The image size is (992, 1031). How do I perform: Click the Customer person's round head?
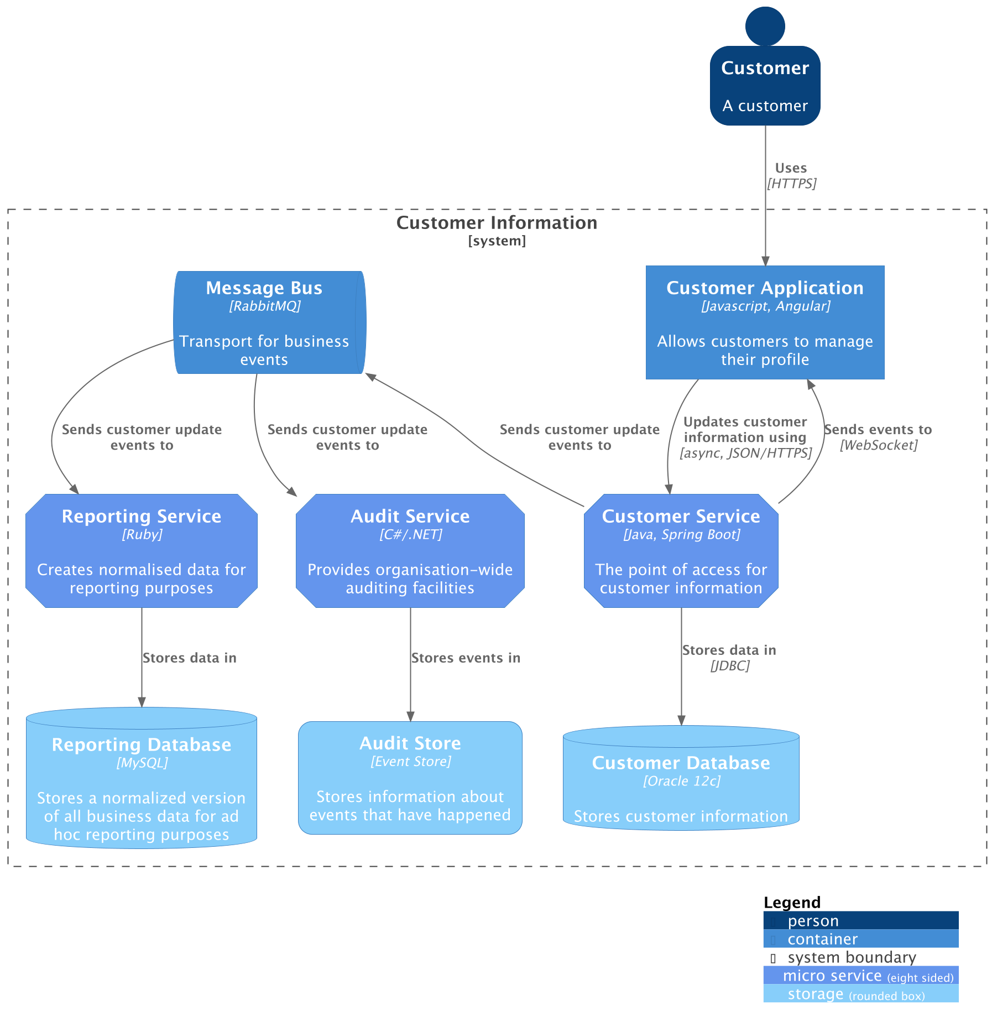click(x=765, y=26)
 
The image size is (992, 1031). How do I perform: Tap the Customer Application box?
click(x=765, y=322)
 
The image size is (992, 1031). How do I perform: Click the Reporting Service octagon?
click(x=142, y=551)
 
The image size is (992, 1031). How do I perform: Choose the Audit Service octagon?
click(x=410, y=551)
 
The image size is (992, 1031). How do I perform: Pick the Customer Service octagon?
click(x=681, y=551)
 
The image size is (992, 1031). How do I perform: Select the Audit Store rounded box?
click(x=410, y=778)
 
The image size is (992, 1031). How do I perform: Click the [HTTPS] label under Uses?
click(x=791, y=184)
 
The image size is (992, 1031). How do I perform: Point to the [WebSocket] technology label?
click(x=878, y=445)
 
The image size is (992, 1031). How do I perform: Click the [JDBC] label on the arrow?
click(x=730, y=666)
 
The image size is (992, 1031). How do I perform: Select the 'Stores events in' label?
click(x=466, y=658)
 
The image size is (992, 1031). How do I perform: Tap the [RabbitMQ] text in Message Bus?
click(x=265, y=306)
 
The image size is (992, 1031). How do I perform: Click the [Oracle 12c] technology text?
click(x=682, y=781)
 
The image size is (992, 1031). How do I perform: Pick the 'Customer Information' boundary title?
click(x=497, y=222)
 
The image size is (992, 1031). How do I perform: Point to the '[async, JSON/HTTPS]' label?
click(x=745, y=453)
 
